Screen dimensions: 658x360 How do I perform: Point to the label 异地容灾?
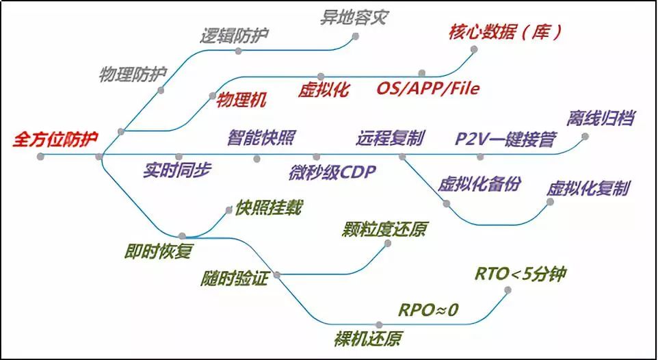click(x=354, y=17)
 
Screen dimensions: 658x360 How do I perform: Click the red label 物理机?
click(x=241, y=100)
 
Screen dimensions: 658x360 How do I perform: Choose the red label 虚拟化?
click(x=324, y=90)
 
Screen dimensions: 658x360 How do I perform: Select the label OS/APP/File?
click(x=428, y=88)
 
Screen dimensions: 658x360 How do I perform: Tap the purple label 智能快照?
click(x=261, y=137)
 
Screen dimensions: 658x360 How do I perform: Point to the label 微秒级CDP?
click(x=332, y=171)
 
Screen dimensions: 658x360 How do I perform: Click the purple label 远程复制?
click(x=390, y=137)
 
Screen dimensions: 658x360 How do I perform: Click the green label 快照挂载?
click(x=268, y=207)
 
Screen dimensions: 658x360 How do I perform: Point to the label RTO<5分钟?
click(x=521, y=274)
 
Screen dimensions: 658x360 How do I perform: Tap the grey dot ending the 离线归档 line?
click(x=585, y=136)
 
